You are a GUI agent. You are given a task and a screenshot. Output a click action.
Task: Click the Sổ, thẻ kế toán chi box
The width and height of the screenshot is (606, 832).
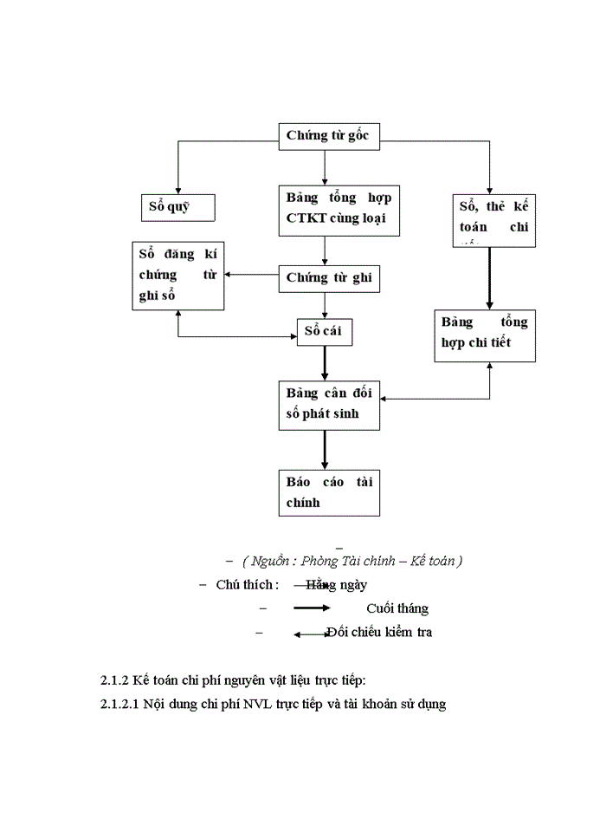point(493,219)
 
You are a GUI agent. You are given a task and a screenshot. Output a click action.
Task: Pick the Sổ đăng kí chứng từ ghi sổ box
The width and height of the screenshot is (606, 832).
point(177,274)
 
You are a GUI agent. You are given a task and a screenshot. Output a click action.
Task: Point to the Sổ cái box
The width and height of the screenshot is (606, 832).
point(325,331)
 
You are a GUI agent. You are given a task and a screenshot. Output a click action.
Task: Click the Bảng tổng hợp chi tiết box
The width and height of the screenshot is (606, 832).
point(485,333)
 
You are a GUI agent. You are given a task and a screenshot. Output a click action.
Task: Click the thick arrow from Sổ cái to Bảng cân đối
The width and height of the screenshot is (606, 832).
point(325,362)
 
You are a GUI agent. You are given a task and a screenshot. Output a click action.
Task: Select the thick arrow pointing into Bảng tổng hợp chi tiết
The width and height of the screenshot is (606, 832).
point(490,278)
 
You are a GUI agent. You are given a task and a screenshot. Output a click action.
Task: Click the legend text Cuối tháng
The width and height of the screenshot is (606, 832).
point(396,608)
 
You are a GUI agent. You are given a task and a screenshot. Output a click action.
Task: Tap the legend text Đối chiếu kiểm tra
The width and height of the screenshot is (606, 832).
point(379,632)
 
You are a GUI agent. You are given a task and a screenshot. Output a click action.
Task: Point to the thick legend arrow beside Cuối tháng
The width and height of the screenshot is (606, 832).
point(312,608)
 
